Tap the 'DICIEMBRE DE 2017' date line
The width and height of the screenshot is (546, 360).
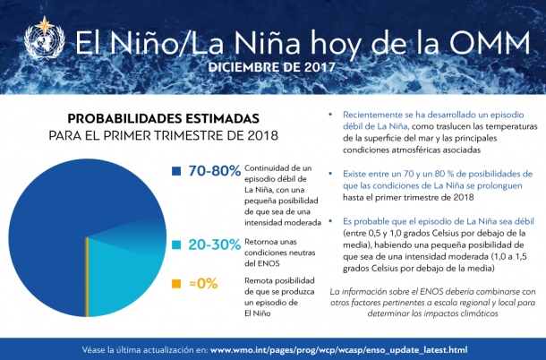[272, 67]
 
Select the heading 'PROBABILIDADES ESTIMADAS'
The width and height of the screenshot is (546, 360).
[164, 118]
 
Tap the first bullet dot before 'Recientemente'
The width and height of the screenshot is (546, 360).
[331, 116]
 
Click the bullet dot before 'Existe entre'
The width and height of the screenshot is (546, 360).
[331, 173]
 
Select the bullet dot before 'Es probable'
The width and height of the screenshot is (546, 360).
[331, 219]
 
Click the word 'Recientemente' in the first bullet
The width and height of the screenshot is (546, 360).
[373, 116]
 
